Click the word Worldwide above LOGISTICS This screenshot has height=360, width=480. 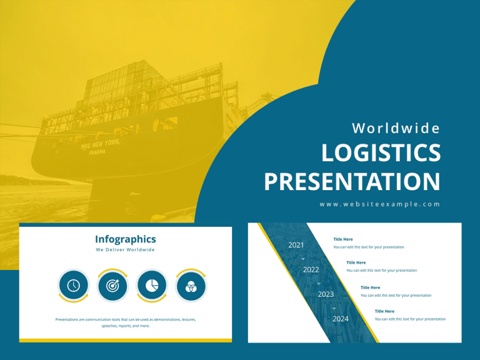coord(396,128)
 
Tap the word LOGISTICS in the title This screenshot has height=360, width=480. coord(381,154)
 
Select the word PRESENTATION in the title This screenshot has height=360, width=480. coord(352,181)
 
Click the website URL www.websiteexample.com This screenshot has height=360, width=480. coord(380,204)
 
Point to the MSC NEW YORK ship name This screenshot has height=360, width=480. coord(99,144)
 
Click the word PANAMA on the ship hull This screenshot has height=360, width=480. coord(97,152)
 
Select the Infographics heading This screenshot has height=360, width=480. coord(126,239)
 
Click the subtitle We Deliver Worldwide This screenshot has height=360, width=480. coord(125,250)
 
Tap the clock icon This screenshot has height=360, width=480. coord(74,286)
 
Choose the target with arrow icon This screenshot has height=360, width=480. coord(112,286)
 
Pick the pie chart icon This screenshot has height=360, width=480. coord(152,286)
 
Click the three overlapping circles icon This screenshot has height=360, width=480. coord(191,286)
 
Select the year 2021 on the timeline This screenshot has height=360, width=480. coord(296,245)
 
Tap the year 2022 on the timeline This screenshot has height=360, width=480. coord(311,270)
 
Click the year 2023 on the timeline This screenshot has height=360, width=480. coord(326,294)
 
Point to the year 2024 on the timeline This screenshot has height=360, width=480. coord(341,319)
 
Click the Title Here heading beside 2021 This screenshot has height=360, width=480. coord(343,239)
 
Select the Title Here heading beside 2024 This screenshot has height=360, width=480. coord(384,311)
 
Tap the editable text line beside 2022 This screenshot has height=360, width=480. coord(381,271)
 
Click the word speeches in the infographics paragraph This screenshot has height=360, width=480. coord(111,326)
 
